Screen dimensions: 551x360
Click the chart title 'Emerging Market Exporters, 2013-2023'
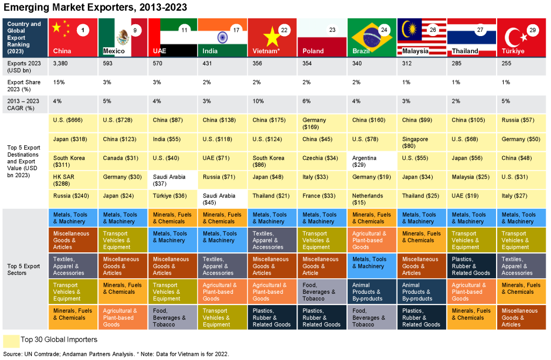pos(95,7)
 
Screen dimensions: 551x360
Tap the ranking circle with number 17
pos(236,30)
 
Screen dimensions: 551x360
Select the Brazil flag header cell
pos(372,37)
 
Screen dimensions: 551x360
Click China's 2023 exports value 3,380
pos(60,63)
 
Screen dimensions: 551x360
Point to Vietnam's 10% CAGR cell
pos(272,104)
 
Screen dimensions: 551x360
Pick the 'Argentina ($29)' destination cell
pos(372,161)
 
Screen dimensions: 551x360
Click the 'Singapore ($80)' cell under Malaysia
pos(422,143)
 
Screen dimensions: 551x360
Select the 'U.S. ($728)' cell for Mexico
pos(123,123)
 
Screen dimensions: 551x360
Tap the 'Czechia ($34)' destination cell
pos(322,161)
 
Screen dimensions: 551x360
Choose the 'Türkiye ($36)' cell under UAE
pos(172,199)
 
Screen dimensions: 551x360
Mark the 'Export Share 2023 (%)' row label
pos(24,86)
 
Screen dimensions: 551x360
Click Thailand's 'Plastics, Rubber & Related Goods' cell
pos(471,266)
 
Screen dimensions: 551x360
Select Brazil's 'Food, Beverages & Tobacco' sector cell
pos(372,317)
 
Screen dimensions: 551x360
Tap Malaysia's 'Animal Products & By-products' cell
pos(422,292)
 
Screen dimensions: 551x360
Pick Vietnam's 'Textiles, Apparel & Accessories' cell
pos(272,240)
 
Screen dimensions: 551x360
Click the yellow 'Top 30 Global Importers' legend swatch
pos(11,341)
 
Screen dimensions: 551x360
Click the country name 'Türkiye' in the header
pos(513,51)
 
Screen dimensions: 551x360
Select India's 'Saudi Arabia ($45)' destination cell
pos(222,199)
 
